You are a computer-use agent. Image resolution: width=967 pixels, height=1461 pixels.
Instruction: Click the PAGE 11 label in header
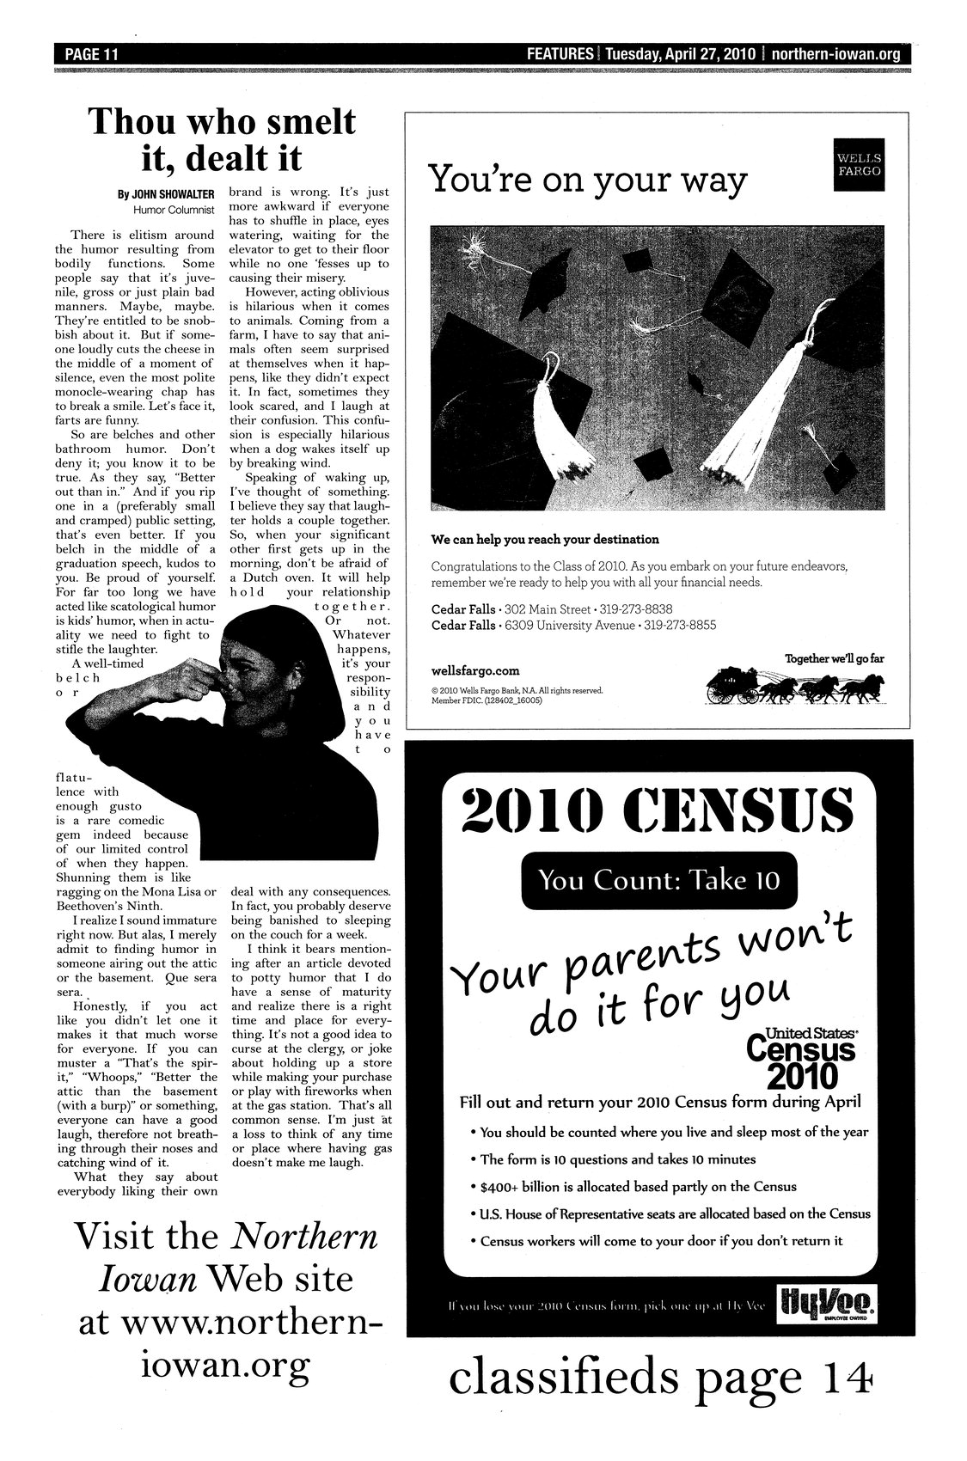click(89, 54)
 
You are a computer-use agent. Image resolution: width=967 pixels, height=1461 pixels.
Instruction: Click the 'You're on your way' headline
click(587, 181)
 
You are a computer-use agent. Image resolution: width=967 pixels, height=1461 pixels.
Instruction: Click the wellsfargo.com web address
click(475, 670)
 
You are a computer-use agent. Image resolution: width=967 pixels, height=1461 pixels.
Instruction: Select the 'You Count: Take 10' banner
click(658, 881)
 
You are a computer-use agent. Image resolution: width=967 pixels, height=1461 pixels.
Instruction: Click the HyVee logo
click(827, 1305)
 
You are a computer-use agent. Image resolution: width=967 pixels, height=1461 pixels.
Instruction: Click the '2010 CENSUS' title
click(658, 810)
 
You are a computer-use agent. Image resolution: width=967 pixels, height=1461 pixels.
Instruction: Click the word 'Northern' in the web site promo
click(306, 1236)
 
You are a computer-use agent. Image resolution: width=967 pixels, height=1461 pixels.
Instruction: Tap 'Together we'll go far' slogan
click(834, 658)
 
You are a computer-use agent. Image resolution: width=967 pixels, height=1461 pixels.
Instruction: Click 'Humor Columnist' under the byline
click(174, 209)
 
